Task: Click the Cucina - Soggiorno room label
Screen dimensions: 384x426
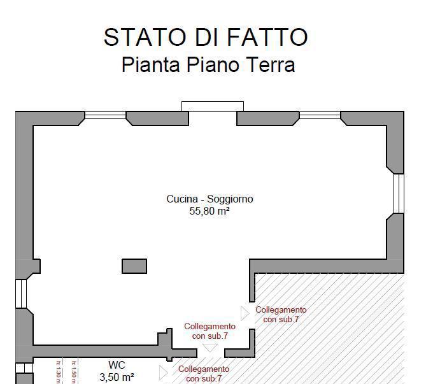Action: (209, 199)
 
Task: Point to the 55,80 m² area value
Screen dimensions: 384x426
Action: (209, 211)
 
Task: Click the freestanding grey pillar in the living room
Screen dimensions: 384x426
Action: (134, 266)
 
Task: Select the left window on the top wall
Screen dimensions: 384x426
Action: (106, 115)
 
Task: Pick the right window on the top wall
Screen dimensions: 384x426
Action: (320, 115)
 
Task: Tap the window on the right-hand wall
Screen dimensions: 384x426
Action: (398, 193)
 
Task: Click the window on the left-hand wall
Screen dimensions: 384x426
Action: (20, 293)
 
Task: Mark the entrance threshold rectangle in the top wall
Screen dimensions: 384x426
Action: (213, 106)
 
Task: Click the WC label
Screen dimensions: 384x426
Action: (117, 365)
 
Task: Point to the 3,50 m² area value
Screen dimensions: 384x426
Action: (117, 376)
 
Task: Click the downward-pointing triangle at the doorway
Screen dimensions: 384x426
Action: (210, 348)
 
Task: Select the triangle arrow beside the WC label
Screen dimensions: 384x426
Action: (163, 373)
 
